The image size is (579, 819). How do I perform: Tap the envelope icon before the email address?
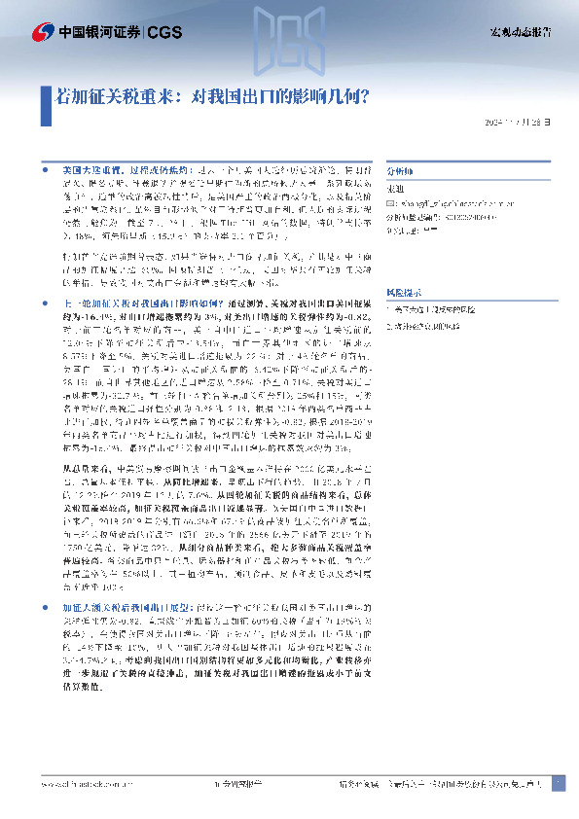coord(390,203)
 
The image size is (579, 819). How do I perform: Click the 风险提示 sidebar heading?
coord(402,292)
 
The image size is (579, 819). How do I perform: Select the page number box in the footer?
coord(558,784)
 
